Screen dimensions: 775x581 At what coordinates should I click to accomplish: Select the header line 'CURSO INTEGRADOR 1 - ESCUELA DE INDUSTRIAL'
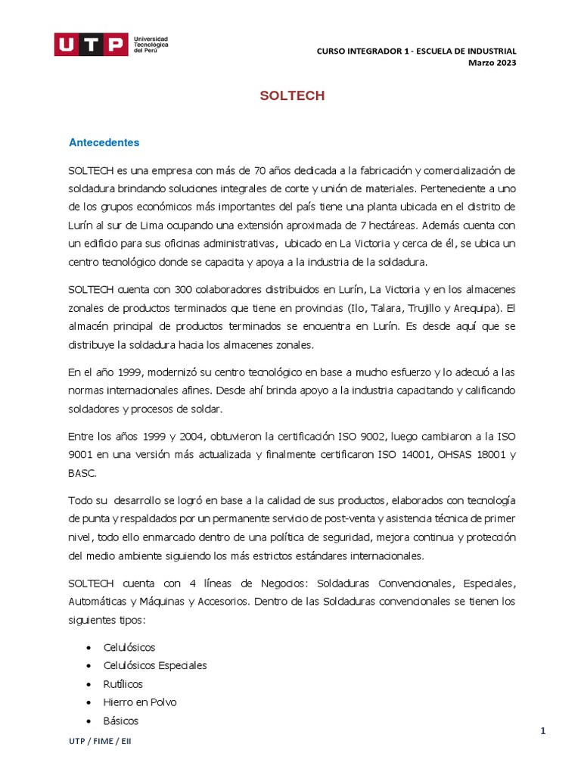click(x=416, y=51)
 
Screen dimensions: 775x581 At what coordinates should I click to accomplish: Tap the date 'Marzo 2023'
click(x=493, y=63)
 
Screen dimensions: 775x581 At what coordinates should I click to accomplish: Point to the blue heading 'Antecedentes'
click(x=104, y=142)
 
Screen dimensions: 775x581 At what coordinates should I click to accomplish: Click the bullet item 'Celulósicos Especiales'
click(x=155, y=665)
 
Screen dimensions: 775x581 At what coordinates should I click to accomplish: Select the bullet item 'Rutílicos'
click(x=123, y=683)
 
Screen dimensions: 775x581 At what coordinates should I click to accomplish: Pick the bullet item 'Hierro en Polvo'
click(x=140, y=702)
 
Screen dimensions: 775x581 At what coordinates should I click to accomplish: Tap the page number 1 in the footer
click(x=542, y=730)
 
